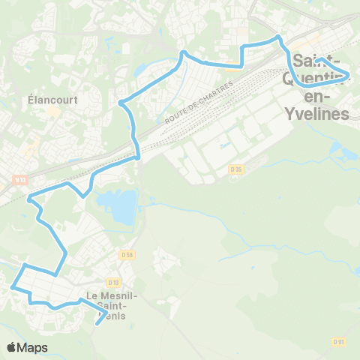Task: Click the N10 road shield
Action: pyautogui.click(x=20, y=178)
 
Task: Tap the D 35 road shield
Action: pyautogui.click(x=237, y=169)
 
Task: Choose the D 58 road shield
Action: pyautogui.click(x=127, y=256)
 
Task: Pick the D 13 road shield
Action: pyautogui.click(x=114, y=282)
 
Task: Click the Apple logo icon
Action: pyautogui.click(x=11, y=347)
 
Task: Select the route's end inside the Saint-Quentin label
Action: pyautogui.click(x=317, y=59)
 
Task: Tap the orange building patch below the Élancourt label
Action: pyautogui.click(x=52, y=112)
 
